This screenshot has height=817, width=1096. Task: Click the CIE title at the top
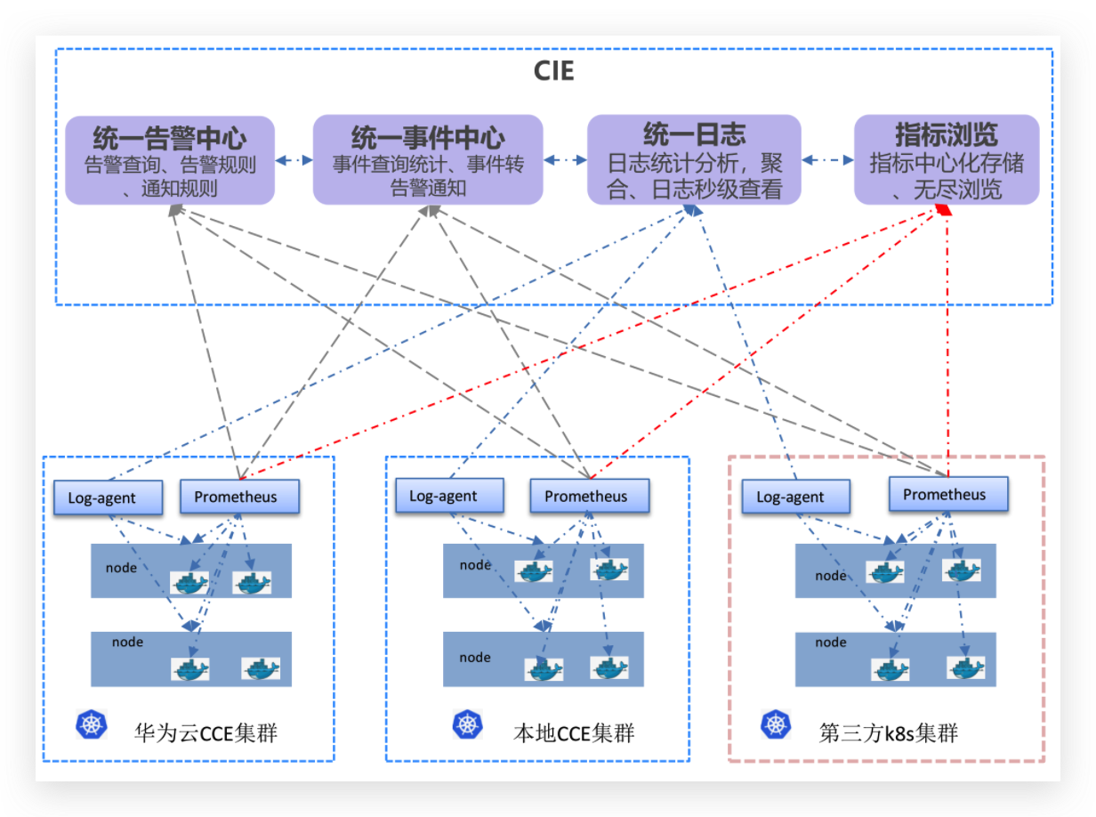(553, 70)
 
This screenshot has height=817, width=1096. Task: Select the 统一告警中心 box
(169, 160)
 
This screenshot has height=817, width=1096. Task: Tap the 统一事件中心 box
(428, 160)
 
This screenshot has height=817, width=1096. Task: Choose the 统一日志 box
(694, 160)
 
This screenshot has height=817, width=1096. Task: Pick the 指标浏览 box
(946, 160)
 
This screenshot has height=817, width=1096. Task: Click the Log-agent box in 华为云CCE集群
(108, 497)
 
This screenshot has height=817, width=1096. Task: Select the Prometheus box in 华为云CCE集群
(239, 497)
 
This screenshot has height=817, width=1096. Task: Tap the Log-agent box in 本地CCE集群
(448, 496)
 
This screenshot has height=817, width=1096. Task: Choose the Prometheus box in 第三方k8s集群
(948, 494)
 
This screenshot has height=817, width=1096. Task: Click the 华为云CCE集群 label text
(205, 733)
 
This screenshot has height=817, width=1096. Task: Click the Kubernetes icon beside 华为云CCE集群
(91, 724)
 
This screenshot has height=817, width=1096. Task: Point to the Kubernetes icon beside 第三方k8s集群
(776, 724)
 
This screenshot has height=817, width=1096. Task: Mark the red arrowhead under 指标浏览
(946, 210)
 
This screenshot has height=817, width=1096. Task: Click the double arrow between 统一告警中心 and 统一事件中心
(294, 160)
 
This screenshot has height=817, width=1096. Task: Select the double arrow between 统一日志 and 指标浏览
(827, 160)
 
